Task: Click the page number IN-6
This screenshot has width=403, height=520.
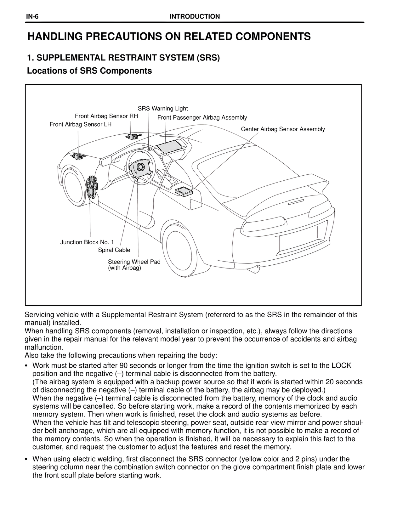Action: [32, 17]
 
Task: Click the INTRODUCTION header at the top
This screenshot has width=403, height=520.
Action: [195, 17]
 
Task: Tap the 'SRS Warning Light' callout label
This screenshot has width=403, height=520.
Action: [163, 109]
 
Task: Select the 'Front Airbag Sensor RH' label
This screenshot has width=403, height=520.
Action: [106, 116]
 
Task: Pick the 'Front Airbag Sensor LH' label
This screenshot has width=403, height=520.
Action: [81, 124]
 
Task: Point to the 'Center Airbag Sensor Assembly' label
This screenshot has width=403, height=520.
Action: [283, 129]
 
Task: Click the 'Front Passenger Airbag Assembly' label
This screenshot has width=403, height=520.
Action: [202, 118]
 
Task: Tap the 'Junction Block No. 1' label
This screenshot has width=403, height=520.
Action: [87, 242]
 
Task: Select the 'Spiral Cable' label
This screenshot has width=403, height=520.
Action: [114, 250]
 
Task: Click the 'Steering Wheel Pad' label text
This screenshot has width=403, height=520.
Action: [134, 262]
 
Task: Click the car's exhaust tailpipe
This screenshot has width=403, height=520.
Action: [258, 269]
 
